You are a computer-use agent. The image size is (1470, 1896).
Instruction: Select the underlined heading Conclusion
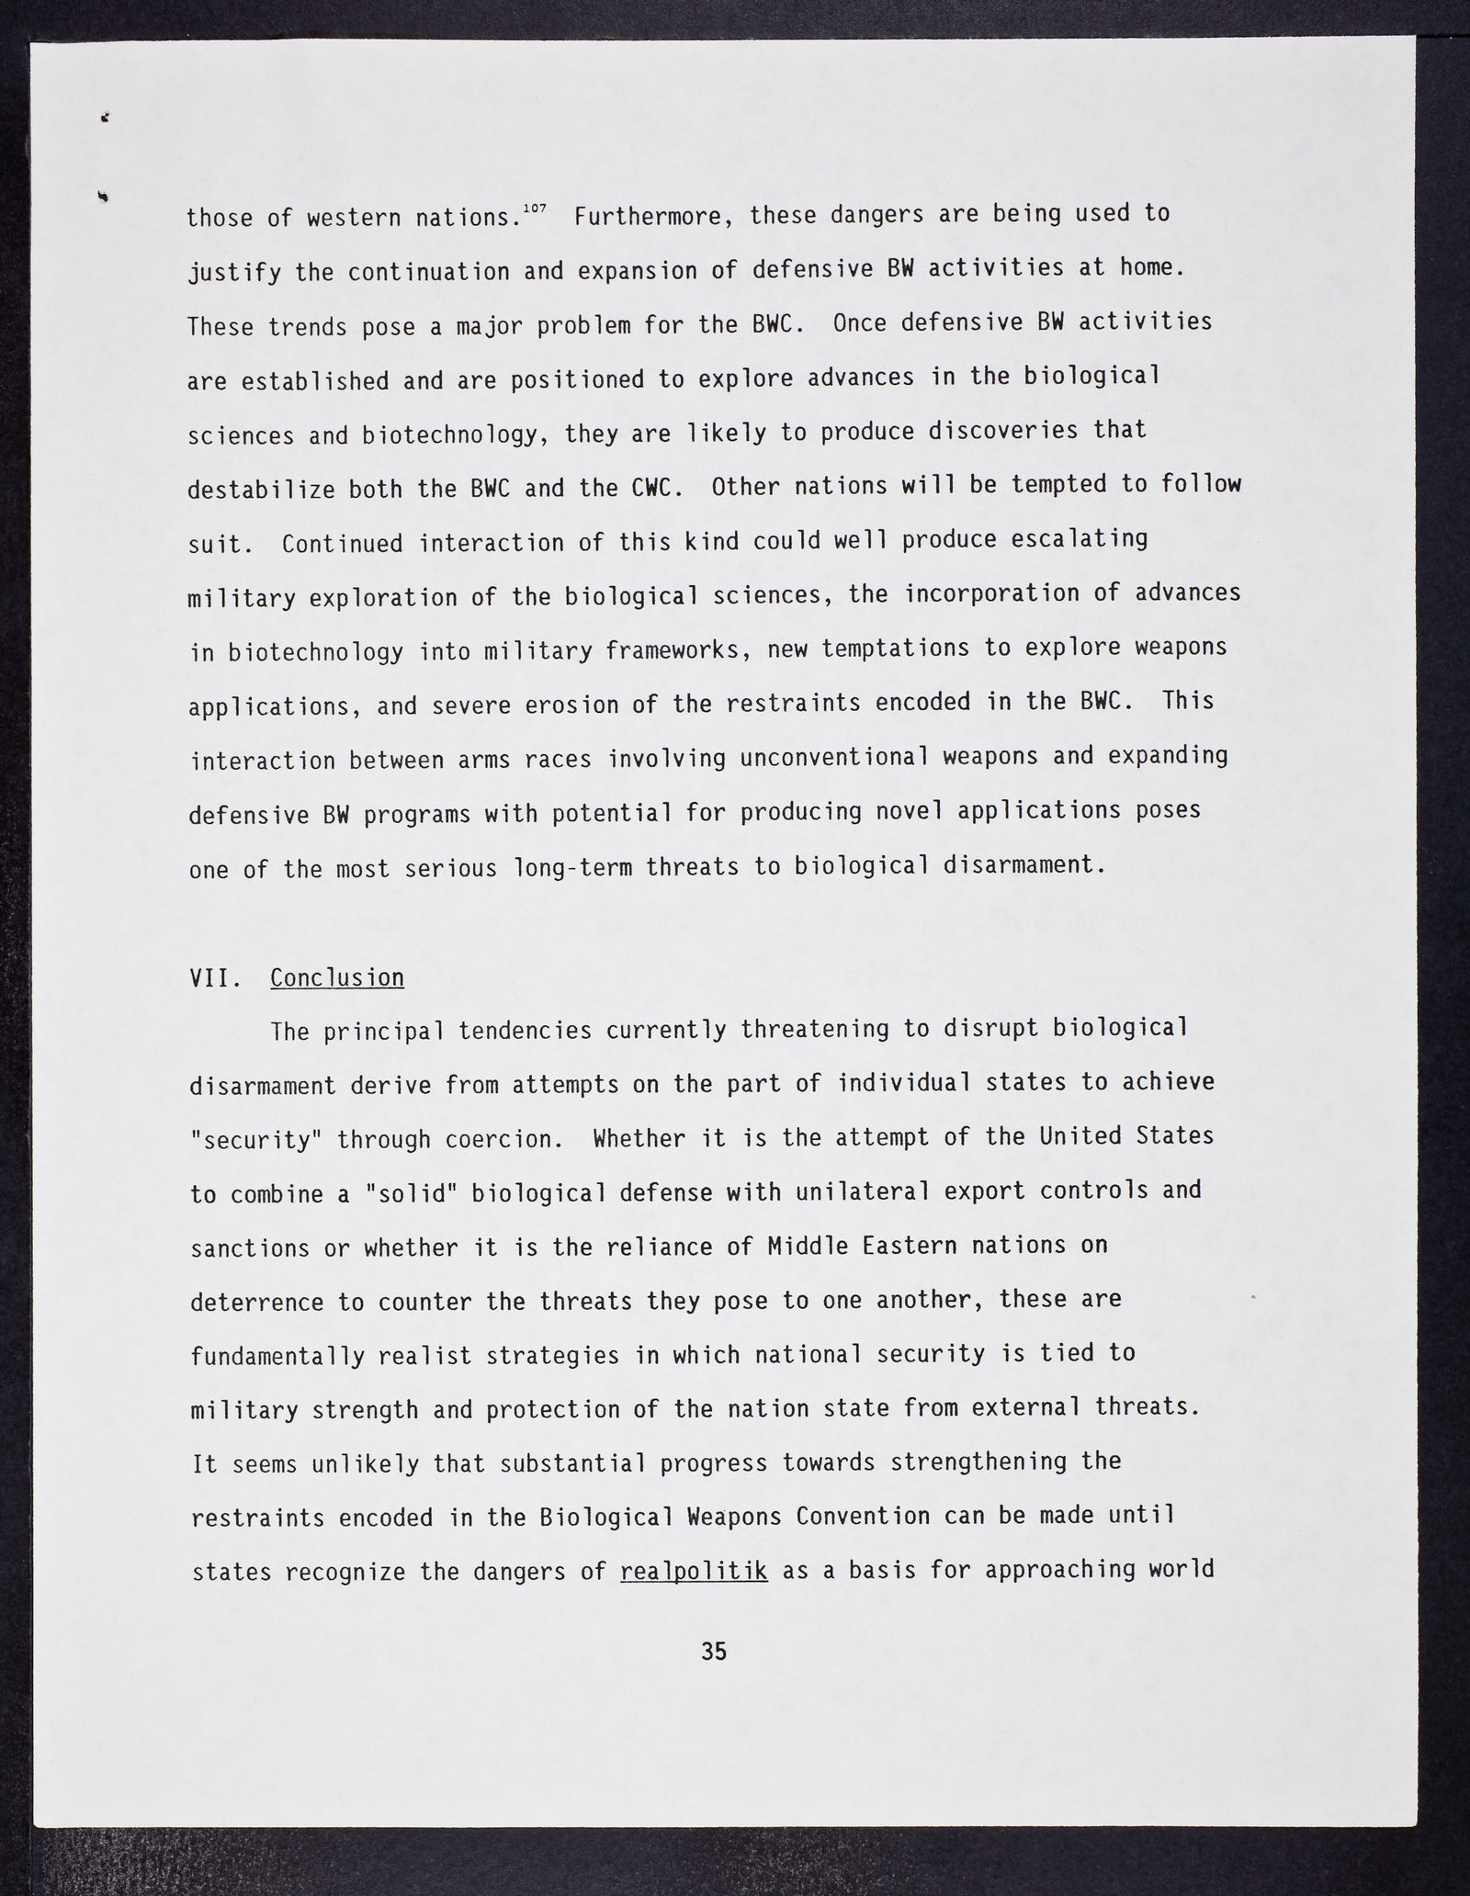coord(337,977)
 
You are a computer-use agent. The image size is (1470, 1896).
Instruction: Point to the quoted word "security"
coord(255,1140)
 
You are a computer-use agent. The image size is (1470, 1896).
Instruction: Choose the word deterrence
coord(256,1303)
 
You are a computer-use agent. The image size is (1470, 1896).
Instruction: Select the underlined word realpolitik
coord(694,1572)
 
